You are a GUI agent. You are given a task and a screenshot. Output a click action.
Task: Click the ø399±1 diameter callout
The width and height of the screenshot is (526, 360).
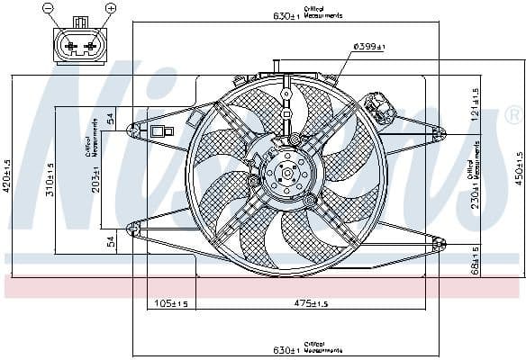[x=369, y=47]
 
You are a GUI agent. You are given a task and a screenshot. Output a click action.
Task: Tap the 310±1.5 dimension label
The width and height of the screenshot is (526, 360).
[x=51, y=179]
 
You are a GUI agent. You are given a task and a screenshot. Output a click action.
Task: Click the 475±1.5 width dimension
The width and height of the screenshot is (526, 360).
[x=312, y=303]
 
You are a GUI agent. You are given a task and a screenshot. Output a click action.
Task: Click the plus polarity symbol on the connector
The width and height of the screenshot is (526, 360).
[x=111, y=8]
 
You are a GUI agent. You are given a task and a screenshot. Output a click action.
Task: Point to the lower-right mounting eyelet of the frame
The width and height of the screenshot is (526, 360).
[x=439, y=243]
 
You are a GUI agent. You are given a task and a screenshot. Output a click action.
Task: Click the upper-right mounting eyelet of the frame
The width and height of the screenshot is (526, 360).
[x=439, y=133]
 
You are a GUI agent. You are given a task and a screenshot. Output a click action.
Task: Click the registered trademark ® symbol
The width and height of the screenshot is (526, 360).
[x=512, y=115]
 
